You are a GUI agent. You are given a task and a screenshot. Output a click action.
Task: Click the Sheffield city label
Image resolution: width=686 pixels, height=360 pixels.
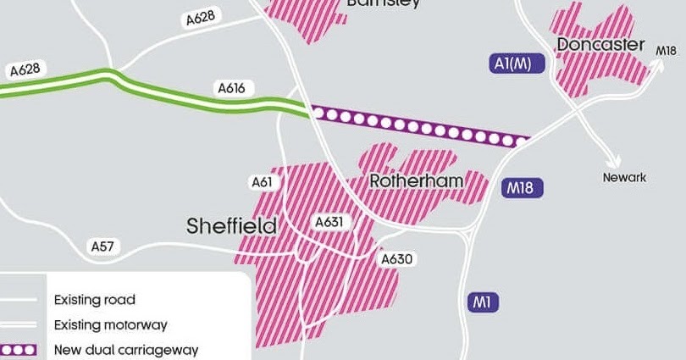[x=232, y=226]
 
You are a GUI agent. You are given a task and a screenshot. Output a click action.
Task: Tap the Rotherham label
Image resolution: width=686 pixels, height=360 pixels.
[x=417, y=181]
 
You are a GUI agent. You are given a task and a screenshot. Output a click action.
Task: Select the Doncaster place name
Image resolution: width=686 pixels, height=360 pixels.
[x=601, y=44]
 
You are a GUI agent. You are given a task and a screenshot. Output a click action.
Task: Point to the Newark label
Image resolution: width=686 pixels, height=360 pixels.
[x=624, y=177]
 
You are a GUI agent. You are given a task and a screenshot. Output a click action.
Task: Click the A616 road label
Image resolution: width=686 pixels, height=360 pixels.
[x=231, y=87]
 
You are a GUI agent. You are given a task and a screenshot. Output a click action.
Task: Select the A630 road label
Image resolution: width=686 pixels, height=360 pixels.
[x=396, y=258]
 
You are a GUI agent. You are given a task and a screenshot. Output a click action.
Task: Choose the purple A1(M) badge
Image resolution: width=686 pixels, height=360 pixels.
[x=512, y=64]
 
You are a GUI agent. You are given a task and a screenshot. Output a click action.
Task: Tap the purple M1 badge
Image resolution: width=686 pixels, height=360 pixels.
[x=482, y=302]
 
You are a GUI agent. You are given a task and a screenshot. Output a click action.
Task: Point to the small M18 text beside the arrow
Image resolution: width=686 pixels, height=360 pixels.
[x=667, y=52]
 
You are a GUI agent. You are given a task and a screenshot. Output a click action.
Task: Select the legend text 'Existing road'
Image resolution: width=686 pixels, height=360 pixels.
[x=94, y=300]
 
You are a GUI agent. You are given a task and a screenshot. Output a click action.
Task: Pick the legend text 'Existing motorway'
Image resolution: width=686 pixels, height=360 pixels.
[x=110, y=324]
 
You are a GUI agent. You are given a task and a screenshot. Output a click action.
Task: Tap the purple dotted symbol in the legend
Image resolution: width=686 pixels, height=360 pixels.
[x=19, y=349]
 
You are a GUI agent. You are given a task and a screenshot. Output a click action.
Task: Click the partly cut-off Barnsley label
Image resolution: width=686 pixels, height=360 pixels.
[x=383, y=3]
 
